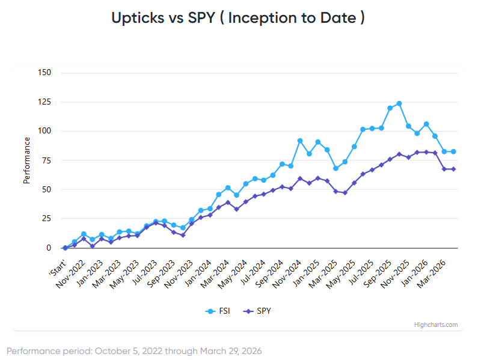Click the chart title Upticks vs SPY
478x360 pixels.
(238, 18)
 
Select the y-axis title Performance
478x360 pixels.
(26, 160)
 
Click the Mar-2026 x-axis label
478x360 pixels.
(434, 267)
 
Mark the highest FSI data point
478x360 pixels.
(399, 103)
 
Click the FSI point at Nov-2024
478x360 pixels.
(300, 141)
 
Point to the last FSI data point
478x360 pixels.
(453, 151)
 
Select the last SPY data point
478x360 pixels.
(453, 169)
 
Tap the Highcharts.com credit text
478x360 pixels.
(436, 325)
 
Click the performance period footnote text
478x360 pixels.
(134, 350)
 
